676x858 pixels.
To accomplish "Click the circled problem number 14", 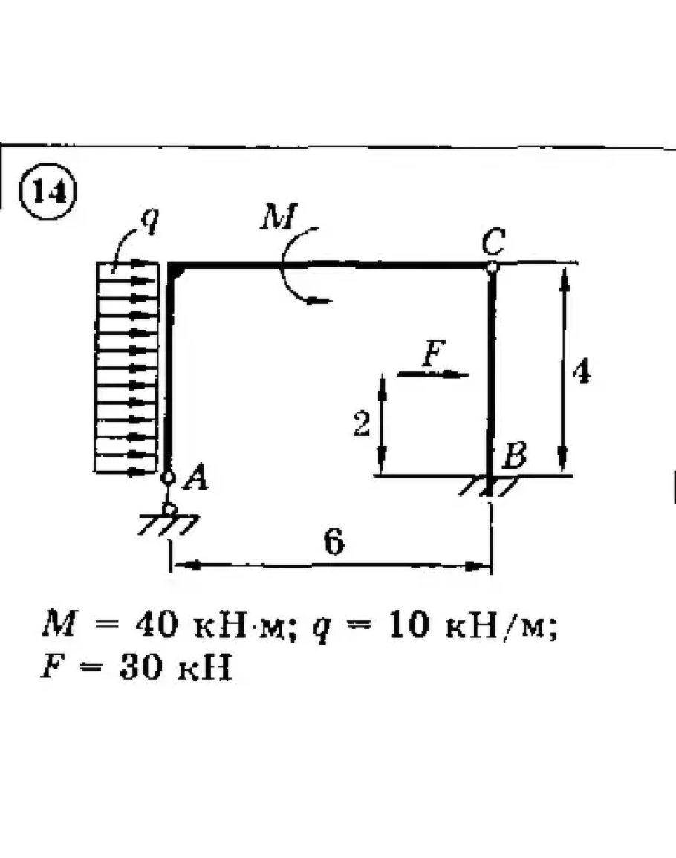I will [x=48, y=192].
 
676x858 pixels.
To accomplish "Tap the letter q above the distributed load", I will [x=149, y=222].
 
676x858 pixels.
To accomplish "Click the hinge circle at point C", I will [x=491, y=266].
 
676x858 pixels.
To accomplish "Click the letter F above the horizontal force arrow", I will [x=431, y=356].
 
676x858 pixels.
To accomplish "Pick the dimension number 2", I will [x=361, y=426].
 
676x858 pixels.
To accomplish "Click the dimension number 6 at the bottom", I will [x=334, y=544].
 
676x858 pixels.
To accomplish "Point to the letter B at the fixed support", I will [x=514, y=455].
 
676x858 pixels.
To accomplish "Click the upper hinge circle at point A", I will [x=169, y=478].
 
